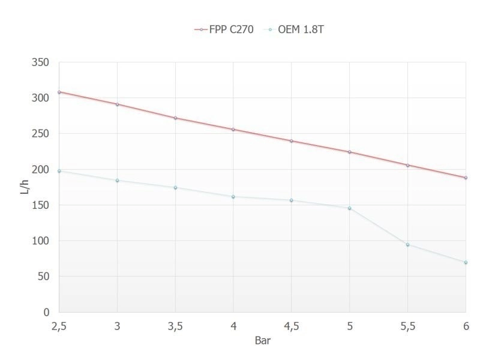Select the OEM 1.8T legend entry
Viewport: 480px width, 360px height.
tap(296, 29)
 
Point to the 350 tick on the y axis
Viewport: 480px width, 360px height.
tap(41, 62)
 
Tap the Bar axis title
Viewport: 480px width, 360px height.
tap(262, 340)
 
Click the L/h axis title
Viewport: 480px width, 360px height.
tap(24, 187)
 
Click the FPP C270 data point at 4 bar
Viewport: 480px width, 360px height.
tap(233, 130)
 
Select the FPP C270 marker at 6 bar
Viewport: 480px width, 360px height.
tap(466, 178)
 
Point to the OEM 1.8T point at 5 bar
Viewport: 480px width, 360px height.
tap(349, 208)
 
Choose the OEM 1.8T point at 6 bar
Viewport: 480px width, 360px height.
tap(466, 262)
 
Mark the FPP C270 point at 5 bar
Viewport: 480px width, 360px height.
tap(349, 152)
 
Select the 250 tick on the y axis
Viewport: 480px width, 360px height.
tap(41, 134)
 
